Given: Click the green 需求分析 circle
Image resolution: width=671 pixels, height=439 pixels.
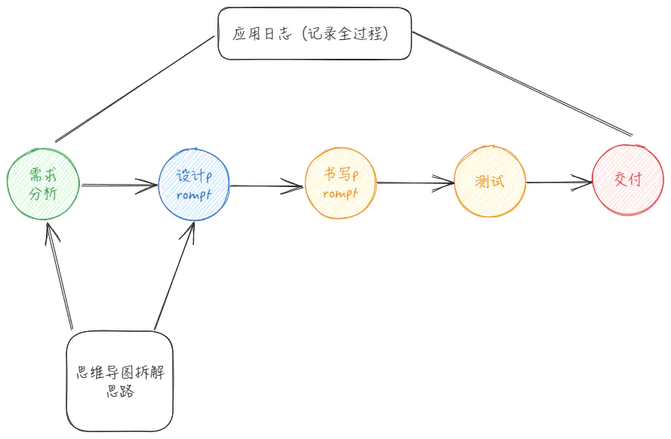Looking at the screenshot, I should pyautogui.click(x=42, y=184).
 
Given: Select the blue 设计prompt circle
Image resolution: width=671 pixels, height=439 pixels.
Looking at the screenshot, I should pyautogui.click(x=194, y=184).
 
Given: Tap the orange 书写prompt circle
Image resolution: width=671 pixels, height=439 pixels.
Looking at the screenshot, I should pyautogui.click(x=340, y=184).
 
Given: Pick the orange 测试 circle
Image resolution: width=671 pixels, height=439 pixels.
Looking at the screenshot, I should pyautogui.click(x=490, y=183).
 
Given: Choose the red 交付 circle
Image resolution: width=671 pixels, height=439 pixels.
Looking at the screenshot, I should pyautogui.click(x=629, y=181).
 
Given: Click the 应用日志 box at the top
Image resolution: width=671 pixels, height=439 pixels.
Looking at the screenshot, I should pyautogui.click(x=315, y=34).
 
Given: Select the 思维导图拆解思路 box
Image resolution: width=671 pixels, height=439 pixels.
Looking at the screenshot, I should pyautogui.click(x=120, y=382).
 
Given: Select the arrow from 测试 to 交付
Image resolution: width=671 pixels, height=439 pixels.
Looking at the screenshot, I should pyautogui.click(x=559, y=182).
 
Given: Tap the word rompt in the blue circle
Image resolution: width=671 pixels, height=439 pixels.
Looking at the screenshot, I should pyautogui.click(x=194, y=195).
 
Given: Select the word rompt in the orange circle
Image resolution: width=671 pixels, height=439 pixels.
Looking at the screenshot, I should pyautogui.click(x=340, y=194).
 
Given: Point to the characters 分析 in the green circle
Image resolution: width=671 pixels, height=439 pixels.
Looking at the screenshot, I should pyautogui.click(x=42, y=194).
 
